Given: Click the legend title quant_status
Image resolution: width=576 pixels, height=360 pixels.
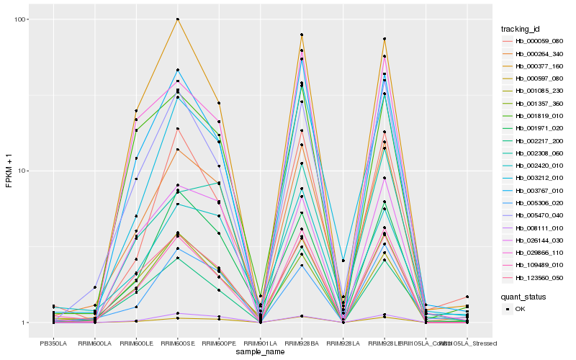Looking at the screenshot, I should pos(525,296).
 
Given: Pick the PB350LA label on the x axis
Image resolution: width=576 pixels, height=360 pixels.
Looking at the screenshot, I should pos(53,342).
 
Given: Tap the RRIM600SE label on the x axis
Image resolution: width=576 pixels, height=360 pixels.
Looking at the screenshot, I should pos(177,342).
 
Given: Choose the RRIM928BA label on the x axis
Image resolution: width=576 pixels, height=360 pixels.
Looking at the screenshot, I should pos(302,342).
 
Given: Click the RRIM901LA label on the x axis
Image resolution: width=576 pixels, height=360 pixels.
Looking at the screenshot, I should pos(260,342).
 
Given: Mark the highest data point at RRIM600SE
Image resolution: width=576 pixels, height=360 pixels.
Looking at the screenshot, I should pos(177,19).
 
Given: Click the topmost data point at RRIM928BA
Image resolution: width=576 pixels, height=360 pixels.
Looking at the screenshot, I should pos(302,35).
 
